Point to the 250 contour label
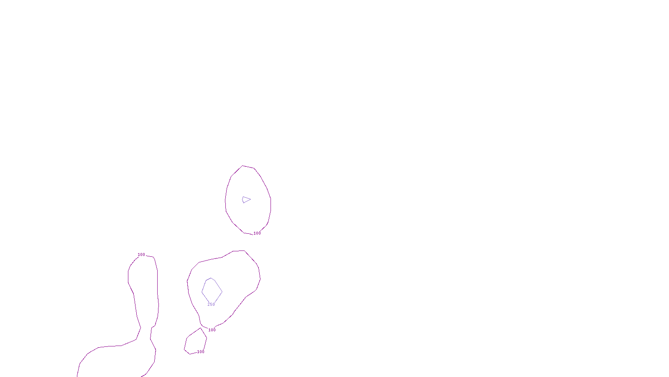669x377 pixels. click(x=211, y=305)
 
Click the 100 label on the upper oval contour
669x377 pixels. click(x=257, y=233)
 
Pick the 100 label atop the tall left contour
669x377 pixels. click(x=141, y=255)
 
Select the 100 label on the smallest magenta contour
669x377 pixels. click(x=201, y=352)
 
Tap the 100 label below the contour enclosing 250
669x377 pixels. click(x=212, y=330)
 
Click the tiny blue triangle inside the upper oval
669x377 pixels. click(x=246, y=199)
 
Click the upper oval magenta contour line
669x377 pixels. click(x=271, y=201)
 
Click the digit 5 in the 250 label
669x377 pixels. click(x=211, y=305)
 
